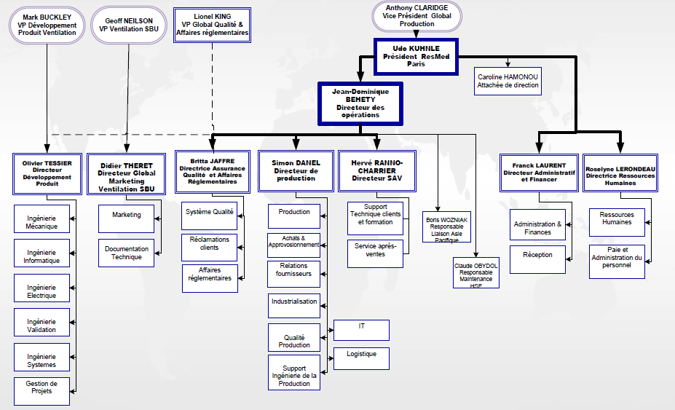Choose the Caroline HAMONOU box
(508, 80)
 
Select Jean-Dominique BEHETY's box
(360, 103)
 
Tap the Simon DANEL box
(295, 170)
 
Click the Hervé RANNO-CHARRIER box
(376, 170)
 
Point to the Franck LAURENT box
(540, 172)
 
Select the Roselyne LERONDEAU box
(620, 173)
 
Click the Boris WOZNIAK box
(448, 227)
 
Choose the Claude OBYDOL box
(476, 272)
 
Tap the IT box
(361, 330)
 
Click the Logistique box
(361, 358)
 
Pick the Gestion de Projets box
(42, 391)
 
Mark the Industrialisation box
(294, 306)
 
